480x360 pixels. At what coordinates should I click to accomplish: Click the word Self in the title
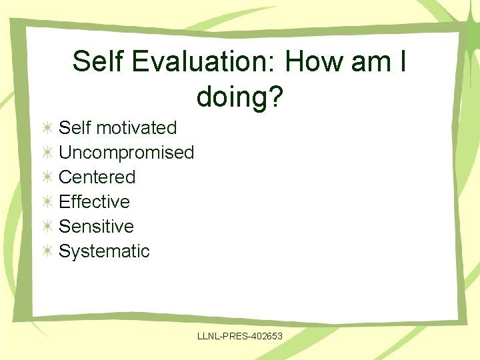97,62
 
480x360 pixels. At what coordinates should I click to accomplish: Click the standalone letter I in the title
404,62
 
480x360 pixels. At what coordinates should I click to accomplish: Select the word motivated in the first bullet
136,127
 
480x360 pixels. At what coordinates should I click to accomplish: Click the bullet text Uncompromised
126,152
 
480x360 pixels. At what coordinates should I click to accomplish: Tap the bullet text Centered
97,177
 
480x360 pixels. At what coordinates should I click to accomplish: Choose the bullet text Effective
94,201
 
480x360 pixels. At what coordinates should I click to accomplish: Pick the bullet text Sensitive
96,226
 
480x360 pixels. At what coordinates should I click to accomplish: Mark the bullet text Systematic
104,251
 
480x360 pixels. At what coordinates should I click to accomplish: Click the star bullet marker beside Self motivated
47,127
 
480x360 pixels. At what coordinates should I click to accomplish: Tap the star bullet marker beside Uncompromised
47,152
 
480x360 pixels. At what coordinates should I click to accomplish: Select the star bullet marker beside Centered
47,177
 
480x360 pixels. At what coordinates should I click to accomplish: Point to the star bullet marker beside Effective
47,201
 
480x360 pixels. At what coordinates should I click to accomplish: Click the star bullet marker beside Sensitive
47,226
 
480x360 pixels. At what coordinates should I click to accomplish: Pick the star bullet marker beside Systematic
47,251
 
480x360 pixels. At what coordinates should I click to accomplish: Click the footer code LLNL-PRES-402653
240,337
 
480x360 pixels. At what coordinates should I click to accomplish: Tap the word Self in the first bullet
74,127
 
